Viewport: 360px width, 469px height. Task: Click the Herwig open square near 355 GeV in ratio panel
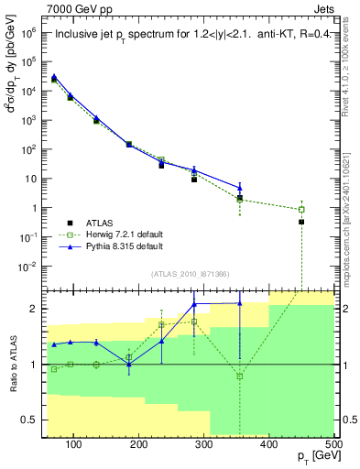click(240, 376)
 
